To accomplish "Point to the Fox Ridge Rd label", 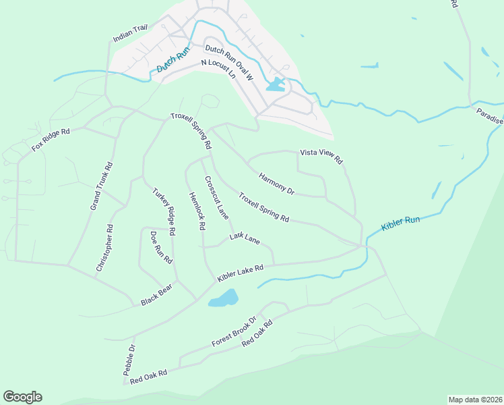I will point(51,140).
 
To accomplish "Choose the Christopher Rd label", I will point(104,248).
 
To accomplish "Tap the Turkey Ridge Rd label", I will point(164,211).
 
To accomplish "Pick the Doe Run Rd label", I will point(161,247).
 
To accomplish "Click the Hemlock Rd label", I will point(196,211).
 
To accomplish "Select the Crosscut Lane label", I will point(216,196).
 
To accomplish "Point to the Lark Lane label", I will point(244,238).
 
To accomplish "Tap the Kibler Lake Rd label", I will point(239,273).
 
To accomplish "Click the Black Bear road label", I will point(156,295).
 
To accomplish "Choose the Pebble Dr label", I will point(129,360).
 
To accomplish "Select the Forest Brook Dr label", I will point(234,331).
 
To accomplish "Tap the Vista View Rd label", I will point(321,157).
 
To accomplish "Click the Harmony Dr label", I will point(276,183).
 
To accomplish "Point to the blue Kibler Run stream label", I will point(400,223).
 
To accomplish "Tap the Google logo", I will point(22,397).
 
